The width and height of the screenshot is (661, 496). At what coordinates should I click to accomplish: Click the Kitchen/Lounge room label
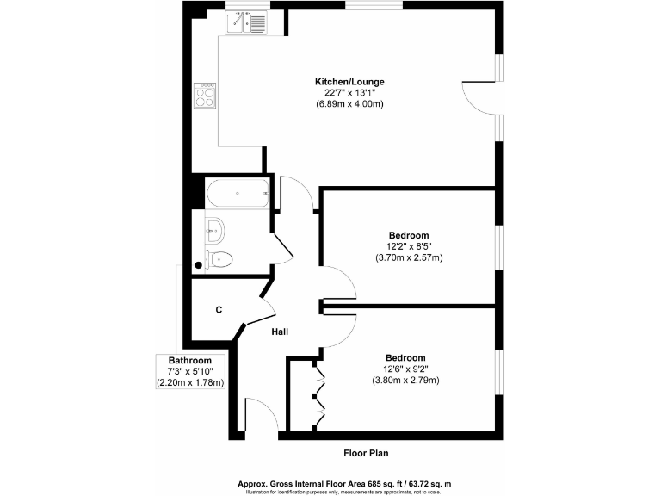(349, 82)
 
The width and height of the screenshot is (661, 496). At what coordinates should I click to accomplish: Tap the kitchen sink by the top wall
(248, 23)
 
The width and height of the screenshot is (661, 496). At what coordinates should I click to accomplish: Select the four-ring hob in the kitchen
(207, 94)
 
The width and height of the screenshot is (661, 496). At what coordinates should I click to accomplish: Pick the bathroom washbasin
(216, 229)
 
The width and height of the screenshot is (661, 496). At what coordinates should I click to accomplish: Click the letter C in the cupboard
(219, 310)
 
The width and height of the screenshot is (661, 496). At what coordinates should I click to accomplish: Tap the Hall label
(280, 332)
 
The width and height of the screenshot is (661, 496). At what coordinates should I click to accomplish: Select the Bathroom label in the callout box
(189, 360)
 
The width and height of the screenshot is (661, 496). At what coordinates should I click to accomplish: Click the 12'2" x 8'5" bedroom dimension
(408, 245)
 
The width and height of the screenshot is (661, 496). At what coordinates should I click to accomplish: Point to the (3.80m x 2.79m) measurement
(405, 380)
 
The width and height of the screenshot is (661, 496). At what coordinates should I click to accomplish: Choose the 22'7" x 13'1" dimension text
(349, 93)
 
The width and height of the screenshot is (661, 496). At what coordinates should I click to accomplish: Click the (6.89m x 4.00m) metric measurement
(349, 104)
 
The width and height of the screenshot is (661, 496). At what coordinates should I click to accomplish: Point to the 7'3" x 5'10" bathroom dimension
(189, 371)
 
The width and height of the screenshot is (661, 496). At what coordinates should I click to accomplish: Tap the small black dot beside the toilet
(200, 265)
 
